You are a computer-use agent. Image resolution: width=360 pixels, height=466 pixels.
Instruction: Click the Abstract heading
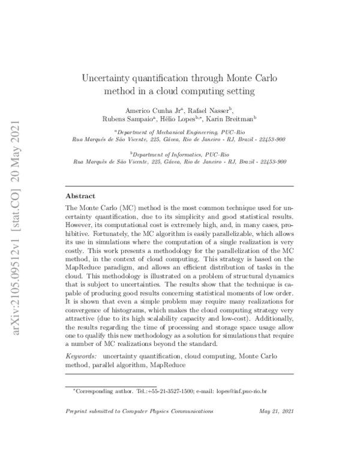point(80,196)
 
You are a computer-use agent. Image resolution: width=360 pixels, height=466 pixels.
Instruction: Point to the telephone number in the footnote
point(162,391)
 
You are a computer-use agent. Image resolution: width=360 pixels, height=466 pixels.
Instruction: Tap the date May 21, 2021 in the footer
point(276,412)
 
